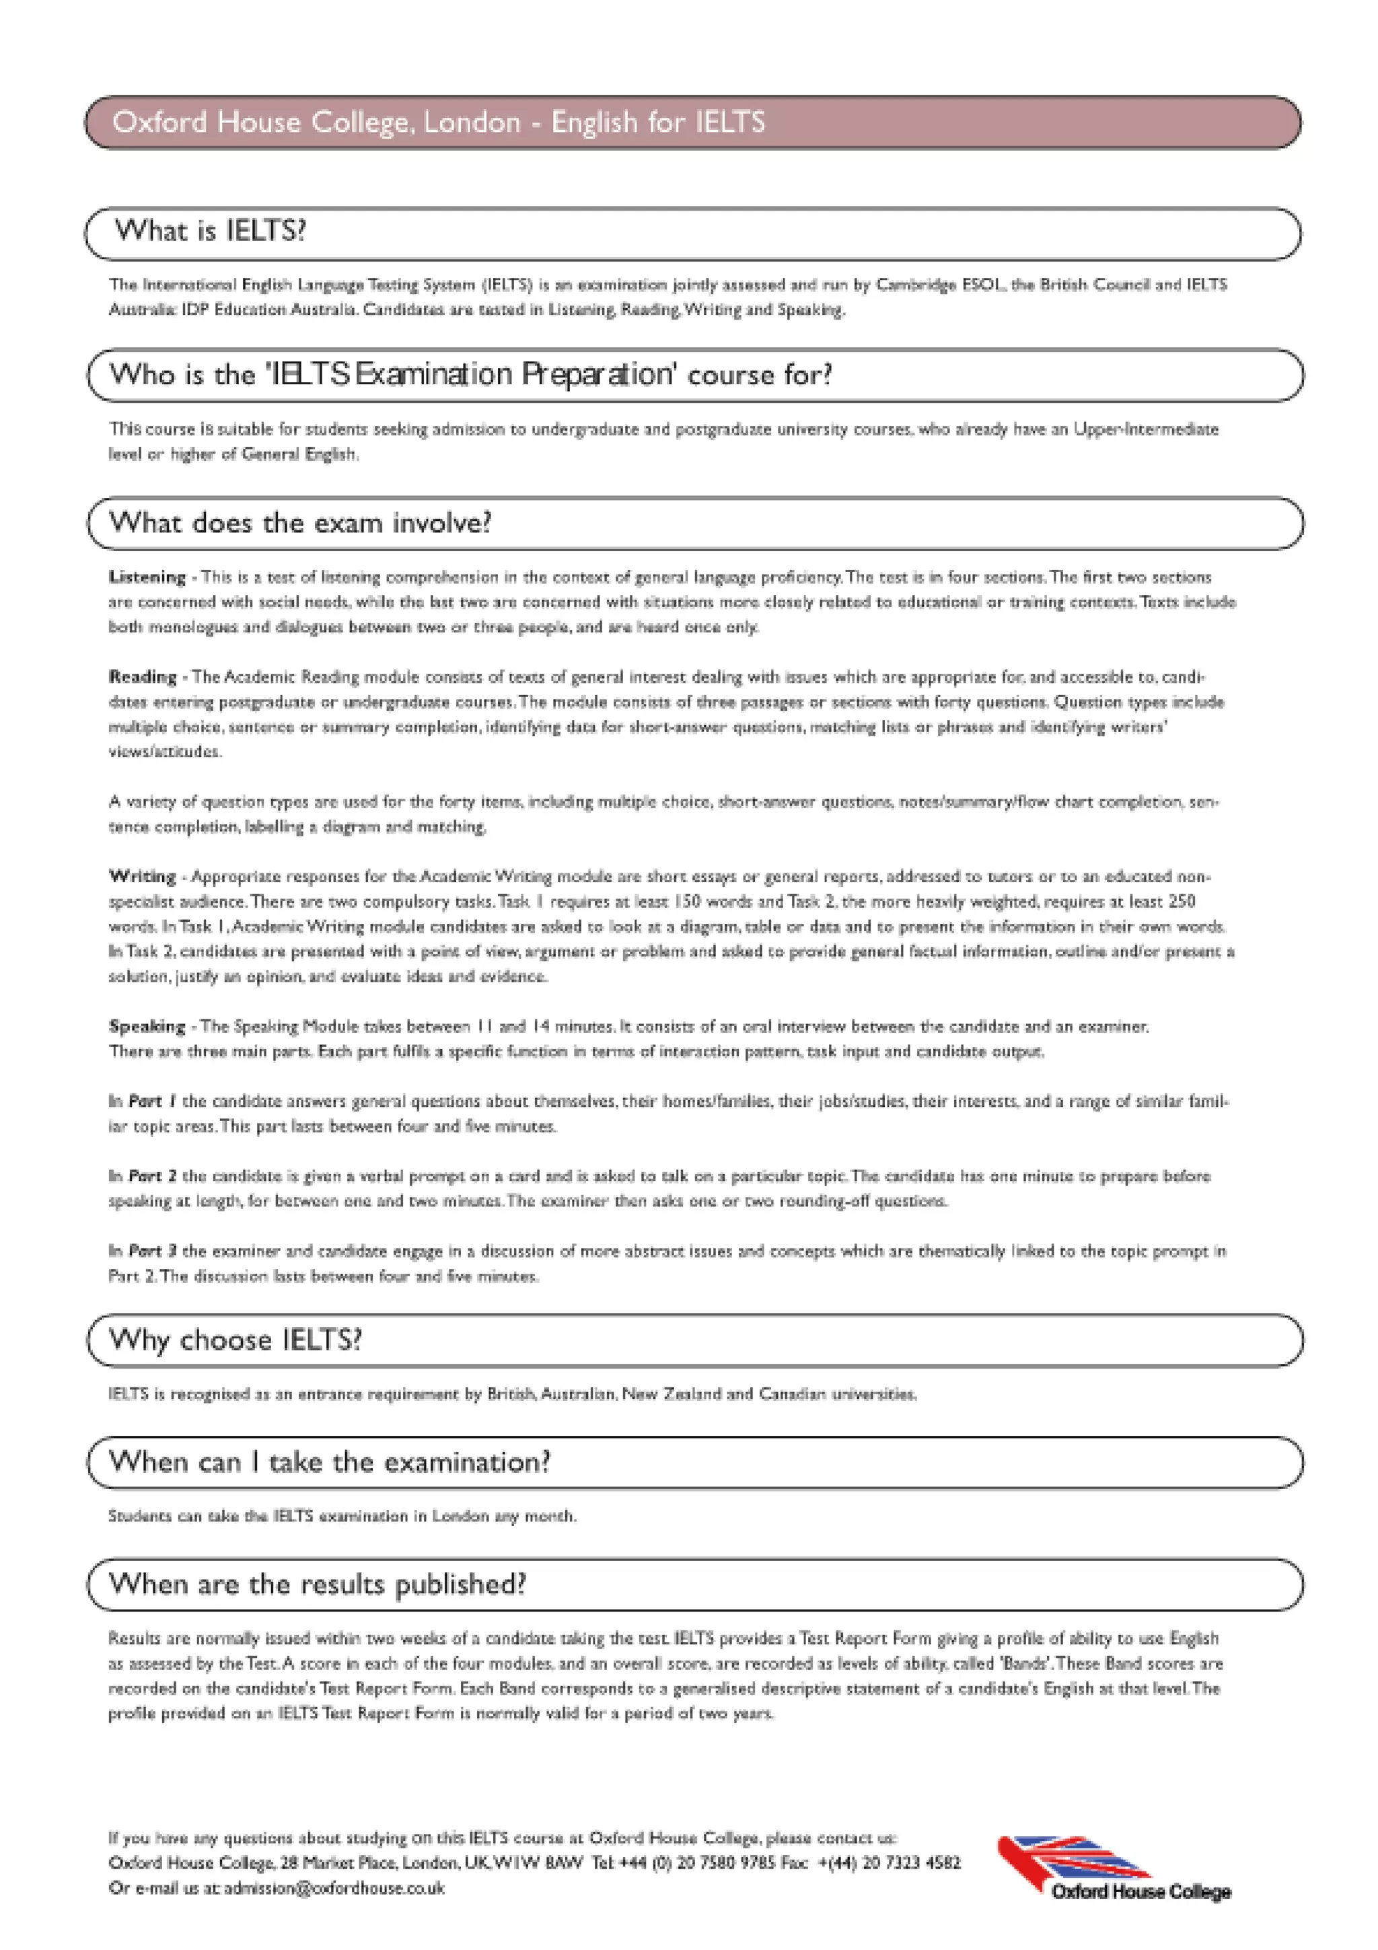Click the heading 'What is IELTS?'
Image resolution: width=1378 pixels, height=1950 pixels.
coord(210,231)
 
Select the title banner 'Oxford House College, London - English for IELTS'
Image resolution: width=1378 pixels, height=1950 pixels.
coord(438,122)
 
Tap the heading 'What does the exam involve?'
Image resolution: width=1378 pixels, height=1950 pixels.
coord(299,522)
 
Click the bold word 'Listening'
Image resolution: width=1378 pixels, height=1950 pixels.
coord(147,577)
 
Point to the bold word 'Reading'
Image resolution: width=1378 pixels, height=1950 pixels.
coord(142,677)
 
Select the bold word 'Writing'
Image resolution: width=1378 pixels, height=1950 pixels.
coord(142,875)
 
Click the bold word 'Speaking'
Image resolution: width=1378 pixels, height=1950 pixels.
coord(146,1026)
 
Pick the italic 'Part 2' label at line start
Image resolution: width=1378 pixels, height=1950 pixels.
coord(152,1176)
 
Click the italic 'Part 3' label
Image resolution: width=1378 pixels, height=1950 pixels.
coord(152,1250)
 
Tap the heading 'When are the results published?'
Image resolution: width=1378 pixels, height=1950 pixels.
coord(318,1584)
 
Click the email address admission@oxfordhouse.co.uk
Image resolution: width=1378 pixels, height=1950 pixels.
coord(334,1888)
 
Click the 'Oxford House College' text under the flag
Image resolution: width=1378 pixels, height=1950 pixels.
coord(1140,1891)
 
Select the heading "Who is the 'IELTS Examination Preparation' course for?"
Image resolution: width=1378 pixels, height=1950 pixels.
coord(470,375)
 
